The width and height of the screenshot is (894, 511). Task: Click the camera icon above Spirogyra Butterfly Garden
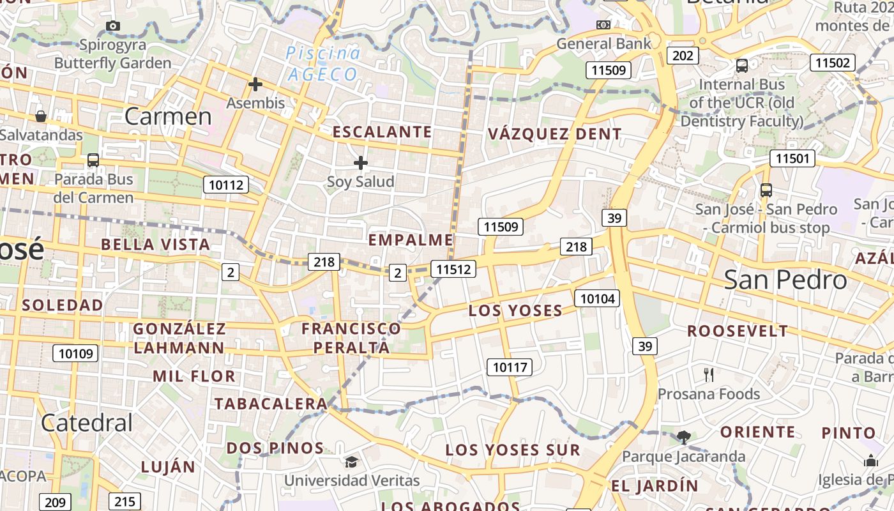click(x=113, y=26)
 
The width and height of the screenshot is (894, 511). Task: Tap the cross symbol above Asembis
click(x=255, y=84)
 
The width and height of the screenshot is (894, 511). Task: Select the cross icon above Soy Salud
click(x=361, y=164)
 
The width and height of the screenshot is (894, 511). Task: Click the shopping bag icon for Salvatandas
click(x=41, y=116)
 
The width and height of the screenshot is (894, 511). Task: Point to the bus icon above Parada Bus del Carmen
click(x=93, y=160)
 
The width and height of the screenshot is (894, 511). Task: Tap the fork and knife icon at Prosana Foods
click(x=708, y=374)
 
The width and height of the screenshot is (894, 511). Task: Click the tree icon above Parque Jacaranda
click(x=684, y=437)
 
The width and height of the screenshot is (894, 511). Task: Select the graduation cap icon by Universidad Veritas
click(x=351, y=462)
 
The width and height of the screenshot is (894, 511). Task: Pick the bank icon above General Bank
click(x=603, y=25)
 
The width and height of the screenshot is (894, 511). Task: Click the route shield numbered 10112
click(x=226, y=185)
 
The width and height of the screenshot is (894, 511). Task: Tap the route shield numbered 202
click(x=683, y=56)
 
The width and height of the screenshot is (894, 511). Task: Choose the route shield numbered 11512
click(x=453, y=269)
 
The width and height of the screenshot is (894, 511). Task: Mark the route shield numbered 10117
click(x=510, y=367)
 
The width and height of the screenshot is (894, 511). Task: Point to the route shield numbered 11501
click(x=792, y=158)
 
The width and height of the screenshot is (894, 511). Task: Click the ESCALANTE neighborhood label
click(x=383, y=132)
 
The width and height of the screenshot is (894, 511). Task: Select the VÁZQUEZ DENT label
click(x=554, y=134)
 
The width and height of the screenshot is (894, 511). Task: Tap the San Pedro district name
click(x=785, y=280)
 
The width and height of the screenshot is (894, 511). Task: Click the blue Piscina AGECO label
click(x=322, y=64)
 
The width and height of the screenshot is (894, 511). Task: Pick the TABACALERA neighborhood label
click(x=271, y=404)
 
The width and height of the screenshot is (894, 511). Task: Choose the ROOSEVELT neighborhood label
click(x=738, y=331)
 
